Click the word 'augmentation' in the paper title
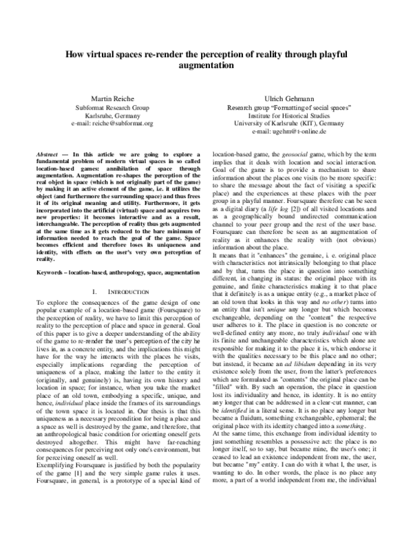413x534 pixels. click(x=206, y=66)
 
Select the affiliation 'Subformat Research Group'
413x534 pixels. click(x=103, y=107)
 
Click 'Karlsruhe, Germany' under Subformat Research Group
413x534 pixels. click(x=103, y=116)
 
